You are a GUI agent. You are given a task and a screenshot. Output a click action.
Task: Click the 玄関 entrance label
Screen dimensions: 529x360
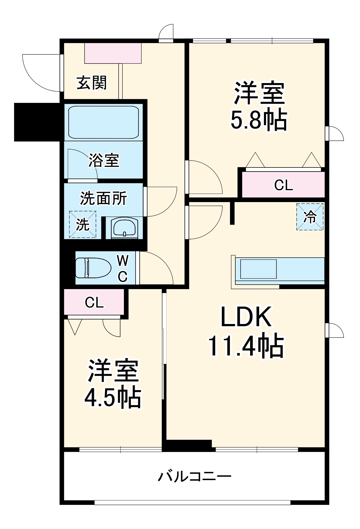pyautogui.click(x=92, y=83)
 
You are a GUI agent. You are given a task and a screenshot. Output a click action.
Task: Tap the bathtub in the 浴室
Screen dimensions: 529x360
pyautogui.click(x=103, y=122)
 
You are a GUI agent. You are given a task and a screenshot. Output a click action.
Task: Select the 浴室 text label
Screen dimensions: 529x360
pyautogui.click(x=104, y=160)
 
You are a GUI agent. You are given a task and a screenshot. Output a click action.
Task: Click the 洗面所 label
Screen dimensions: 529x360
pyautogui.click(x=103, y=198)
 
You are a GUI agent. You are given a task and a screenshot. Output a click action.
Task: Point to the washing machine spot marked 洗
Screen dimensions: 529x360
pyautogui.click(x=83, y=224)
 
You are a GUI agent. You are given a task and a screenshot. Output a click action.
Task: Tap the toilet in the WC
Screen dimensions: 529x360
pyautogui.click(x=93, y=268)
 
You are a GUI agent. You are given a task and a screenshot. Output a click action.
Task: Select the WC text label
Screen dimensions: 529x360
pyautogui.click(x=123, y=268)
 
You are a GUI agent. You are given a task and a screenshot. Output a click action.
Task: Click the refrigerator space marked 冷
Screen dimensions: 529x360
pyautogui.click(x=310, y=217)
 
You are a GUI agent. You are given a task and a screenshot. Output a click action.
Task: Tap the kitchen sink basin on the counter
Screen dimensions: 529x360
pyautogui.click(x=258, y=269)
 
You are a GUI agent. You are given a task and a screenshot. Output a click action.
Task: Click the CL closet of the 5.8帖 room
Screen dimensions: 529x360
pyautogui.click(x=283, y=185)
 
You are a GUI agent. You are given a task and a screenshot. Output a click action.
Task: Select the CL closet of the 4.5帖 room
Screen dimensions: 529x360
pyautogui.click(x=94, y=302)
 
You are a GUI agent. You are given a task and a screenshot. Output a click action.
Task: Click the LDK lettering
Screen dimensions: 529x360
pyautogui.click(x=246, y=317)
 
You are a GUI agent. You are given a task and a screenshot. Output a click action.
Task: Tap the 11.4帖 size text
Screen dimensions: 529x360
pyautogui.click(x=246, y=346)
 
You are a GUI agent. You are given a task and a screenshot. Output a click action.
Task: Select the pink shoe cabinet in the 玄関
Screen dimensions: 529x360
pyautogui.click(x=113, y=53)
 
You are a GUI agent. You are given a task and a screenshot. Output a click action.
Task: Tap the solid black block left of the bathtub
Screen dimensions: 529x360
pyautogui.click(x=37, y=122)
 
